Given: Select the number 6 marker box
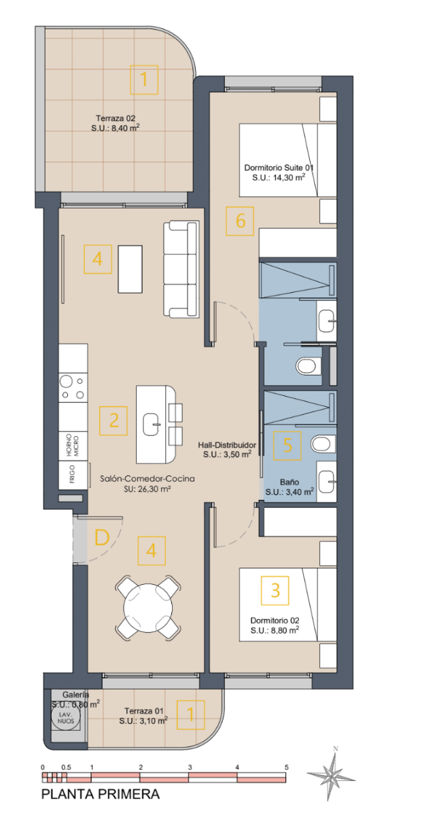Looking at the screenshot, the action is click(x=240, y=221).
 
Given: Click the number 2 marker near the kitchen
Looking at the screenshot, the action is click(x=114, y=420).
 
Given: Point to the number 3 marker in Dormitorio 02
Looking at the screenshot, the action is click(x=275, y=590).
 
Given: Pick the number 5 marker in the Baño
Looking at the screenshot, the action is click(x=288, y=446).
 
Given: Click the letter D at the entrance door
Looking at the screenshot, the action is click(x=101, y=537).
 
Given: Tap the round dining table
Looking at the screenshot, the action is click(x=147, y=608).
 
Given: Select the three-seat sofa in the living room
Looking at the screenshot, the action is click(x=181, y=269).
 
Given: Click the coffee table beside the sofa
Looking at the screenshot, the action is click(x=130, y=269).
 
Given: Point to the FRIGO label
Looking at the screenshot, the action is click(x=72, y=474).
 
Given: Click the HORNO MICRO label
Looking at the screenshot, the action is click(x=73, y=446).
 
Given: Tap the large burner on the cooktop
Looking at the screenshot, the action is click(x=67, y=382).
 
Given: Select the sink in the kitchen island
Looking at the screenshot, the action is click(x=152, y=424).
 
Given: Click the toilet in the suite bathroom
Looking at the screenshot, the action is click(x=309, y=365).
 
